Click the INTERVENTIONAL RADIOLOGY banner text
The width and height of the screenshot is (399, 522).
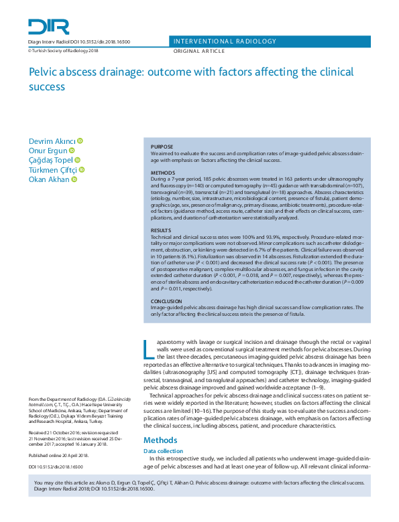coord(225,41)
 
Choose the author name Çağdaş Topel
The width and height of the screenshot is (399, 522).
coord(50,160)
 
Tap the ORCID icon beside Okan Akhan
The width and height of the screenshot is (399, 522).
coord(74,179)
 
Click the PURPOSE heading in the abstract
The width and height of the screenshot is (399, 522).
coord(162,147)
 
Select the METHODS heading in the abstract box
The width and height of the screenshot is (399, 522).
coord(162,173)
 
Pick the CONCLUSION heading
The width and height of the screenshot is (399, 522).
coord(166,301)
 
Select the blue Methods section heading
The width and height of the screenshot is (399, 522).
coord(160,440)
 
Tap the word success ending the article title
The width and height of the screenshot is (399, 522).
coord(46,86)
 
